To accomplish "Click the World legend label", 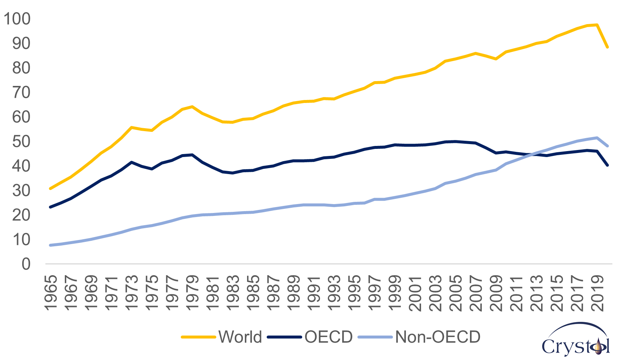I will pyautogui.click(x=240, y=337).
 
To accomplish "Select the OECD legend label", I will pyautogui.click(x=328, y=337).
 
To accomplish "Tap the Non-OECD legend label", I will pyautogui.click(x=438, y=337).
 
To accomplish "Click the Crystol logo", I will pyautogui.click(x=576, y=341).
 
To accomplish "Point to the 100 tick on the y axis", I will pyautogui.click(x=17, y=19).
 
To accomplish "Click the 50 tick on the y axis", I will pyautogui.click(x=21, y=141).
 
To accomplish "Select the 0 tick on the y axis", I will pyautogui.click(x=26, y=264).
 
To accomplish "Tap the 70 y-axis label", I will pyautogui.click(x=21, y=93).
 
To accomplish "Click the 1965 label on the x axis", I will pyautogui.click(x=51, y=293).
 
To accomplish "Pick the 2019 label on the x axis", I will pyautogui.click(x=597, y=293).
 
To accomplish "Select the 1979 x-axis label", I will pyautogui.click(x=192, y=293).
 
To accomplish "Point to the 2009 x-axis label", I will pyautogui.click(x=496, y=293).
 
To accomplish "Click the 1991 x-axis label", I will pyautogui.click(x=314, y=293).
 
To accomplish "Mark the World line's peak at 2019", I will pyautogui.click(x=597, y=25).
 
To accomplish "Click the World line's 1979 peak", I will pyautogui.click(x=192, y=107).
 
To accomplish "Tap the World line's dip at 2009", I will pyautogui.click(x=496, y=59).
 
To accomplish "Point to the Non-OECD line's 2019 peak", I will pyautogui.click(x=597, y=138).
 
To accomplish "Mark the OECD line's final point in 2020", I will pyautogui.click(x=607, y=165).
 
